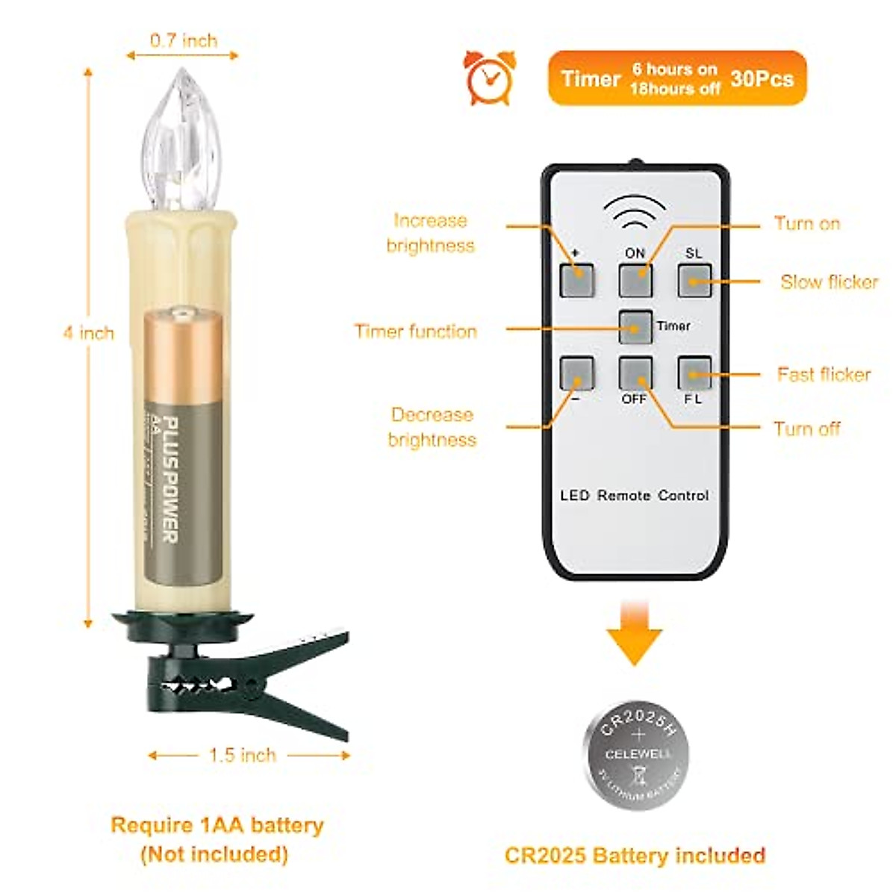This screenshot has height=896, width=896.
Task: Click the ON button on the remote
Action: coord(635,281)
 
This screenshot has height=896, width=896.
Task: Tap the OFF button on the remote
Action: coord(635,373)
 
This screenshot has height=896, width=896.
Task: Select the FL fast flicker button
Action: coord(694,373)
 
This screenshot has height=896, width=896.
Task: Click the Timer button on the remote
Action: coord(635,327)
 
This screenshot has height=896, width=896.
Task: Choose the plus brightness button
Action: coord(577,281)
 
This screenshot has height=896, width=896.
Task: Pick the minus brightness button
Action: coord(577,373)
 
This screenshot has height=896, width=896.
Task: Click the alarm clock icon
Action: coord(490,77)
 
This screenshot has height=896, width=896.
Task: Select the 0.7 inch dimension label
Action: coord(184,40)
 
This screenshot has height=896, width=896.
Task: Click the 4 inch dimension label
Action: coord(89,333)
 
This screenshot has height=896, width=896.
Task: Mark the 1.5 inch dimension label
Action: coord(243,755)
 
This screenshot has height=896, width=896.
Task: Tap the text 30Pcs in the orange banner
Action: coord(762,78)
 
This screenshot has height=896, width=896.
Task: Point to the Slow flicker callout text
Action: coord(829,282)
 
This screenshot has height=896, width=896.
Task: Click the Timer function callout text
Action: coord(416,332)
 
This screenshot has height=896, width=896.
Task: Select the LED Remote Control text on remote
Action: coord(634,495)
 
